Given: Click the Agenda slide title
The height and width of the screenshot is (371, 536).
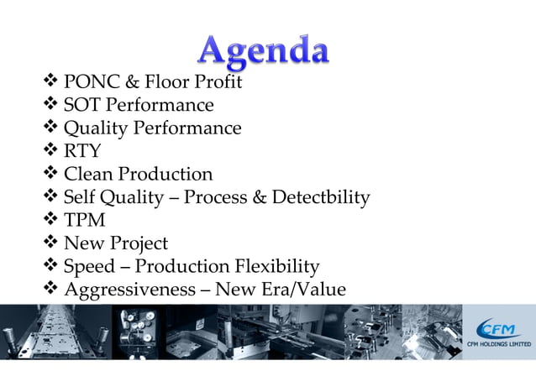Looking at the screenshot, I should click(x=263, y=52).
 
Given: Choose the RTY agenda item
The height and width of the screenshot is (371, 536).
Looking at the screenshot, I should click(x=82, y=152).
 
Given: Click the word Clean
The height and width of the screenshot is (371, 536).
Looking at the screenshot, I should click(x=88, y=175).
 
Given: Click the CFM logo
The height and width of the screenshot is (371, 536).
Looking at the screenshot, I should click(x=498, y=328).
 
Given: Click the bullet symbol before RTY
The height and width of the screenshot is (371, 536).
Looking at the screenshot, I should click(x=49, y=152).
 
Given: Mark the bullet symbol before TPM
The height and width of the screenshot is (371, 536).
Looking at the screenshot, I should click(x=49, y=221).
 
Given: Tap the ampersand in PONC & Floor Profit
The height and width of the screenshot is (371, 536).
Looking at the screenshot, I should click(x=133, y=82).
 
